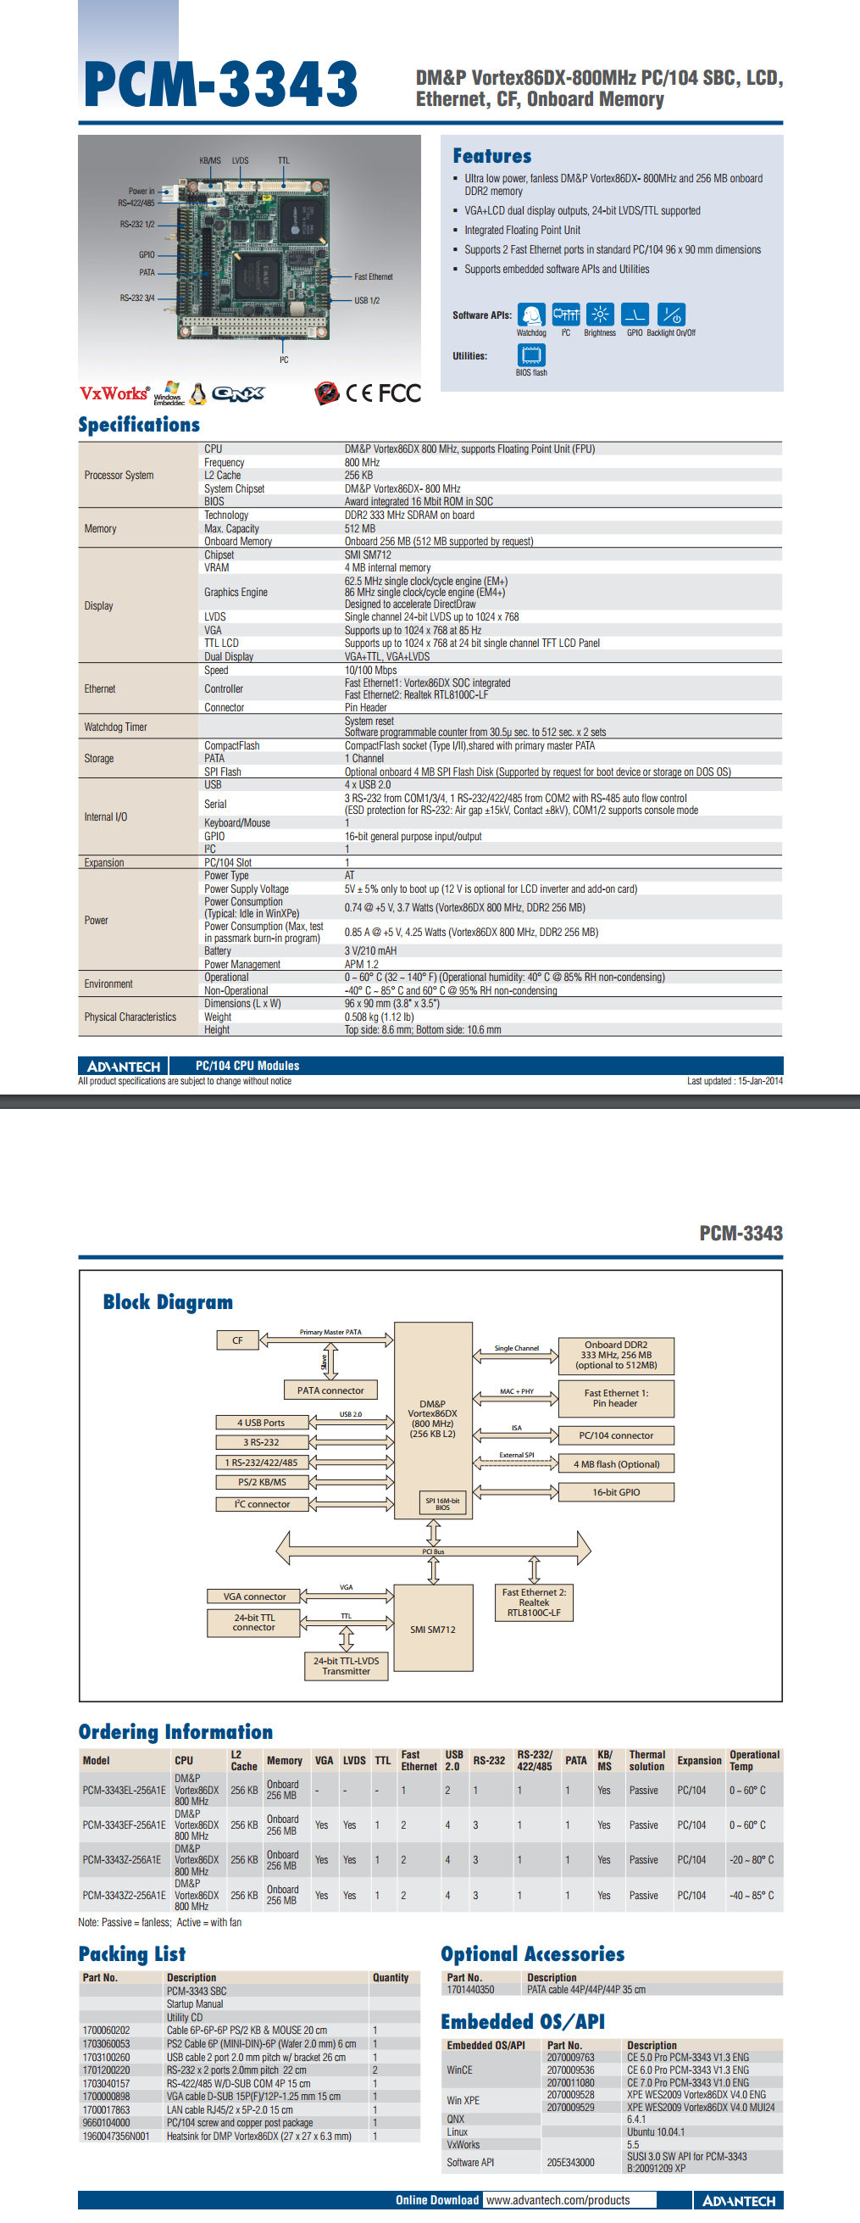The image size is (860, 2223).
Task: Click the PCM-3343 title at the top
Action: point(221,85)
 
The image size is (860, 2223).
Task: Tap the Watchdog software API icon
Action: point(531,315)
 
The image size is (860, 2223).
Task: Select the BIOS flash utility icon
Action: point(531,354)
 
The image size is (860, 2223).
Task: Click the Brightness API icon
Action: point(600,315)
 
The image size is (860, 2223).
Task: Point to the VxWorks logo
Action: point(114,393)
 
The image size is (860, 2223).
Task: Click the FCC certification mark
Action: point(399,393)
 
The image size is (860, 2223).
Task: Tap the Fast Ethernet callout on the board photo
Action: point(373,277)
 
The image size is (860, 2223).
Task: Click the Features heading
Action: point(491,156)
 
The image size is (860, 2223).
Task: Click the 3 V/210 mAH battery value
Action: point(371,951)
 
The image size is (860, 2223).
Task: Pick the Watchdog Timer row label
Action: point(115,727)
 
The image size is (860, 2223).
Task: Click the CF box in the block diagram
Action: point(237,1340)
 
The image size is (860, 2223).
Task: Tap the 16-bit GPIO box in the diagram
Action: point(616,1492)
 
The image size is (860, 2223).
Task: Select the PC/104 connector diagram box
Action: point(616,1435)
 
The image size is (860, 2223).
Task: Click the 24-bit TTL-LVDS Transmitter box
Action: point(346,1665)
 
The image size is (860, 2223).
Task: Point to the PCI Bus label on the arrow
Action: point(433,1552)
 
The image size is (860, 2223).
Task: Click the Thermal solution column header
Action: point(647,1760)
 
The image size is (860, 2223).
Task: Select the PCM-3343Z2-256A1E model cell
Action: point(124,1895)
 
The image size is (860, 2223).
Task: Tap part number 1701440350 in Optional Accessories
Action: point(470,1990)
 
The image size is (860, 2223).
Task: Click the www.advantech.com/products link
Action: point(558,2200)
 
